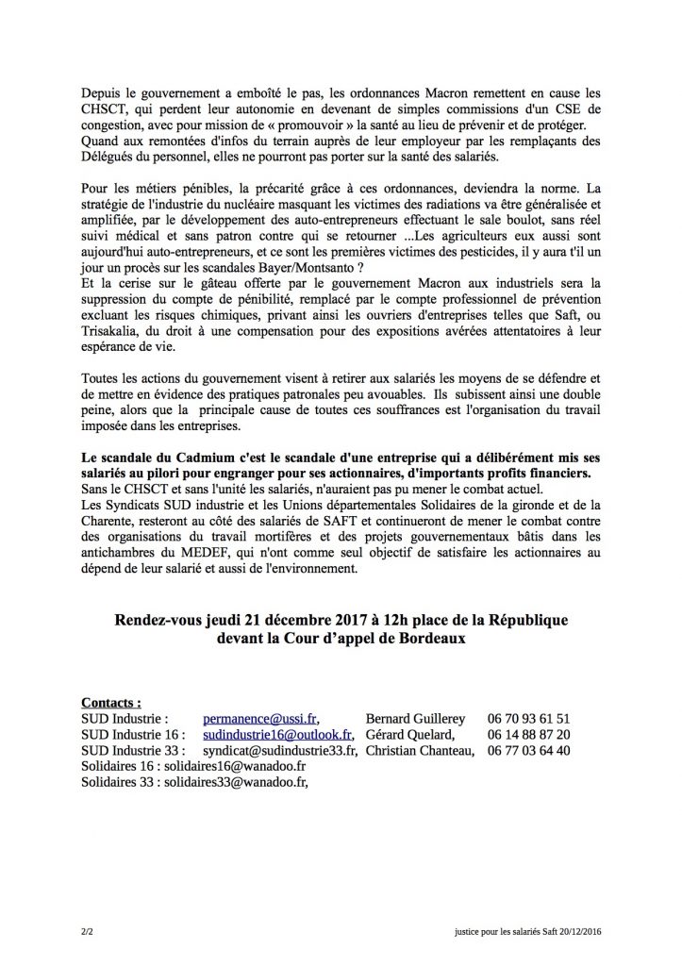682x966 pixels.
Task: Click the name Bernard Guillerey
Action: click(423, 718)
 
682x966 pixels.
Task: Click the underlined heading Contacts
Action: click(112, 702)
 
